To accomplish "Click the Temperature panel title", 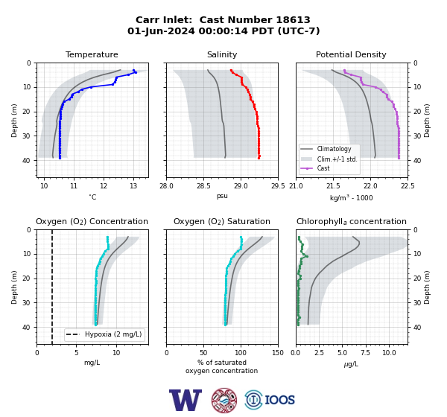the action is tap(92, 54).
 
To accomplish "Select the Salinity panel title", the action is tap(222, 54).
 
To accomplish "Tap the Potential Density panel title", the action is tap(351, 54).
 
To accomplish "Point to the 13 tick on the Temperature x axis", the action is tap(133, 186).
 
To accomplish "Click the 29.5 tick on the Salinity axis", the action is tap(278, 186).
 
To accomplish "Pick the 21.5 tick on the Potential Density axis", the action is tap(333, 186).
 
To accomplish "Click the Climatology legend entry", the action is tap(334, 149).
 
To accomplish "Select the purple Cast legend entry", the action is tap(323, 168).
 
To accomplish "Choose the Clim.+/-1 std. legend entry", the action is tap(337, 159).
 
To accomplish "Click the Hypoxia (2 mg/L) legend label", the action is tap(113, 334).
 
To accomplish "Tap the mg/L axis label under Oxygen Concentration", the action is tap(92, 363).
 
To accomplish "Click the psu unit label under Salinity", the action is tap(222, 196).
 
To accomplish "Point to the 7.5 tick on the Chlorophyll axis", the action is tap(365, 353).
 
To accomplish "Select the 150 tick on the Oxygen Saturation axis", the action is tap(278, 353).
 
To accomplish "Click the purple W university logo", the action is tap(186, 400).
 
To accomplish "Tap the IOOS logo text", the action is tap(280, 400).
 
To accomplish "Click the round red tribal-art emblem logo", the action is tap(224, 400).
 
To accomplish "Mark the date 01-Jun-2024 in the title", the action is tap(161, 31).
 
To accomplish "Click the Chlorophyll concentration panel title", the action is tap(352, 221).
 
